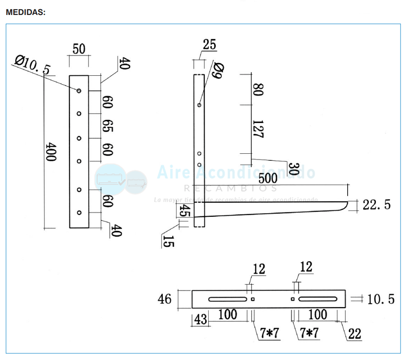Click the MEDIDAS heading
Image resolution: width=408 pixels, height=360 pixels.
[26, 12]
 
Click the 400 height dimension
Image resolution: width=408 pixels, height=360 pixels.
[51, 152]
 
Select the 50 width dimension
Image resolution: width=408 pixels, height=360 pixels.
[79, 49]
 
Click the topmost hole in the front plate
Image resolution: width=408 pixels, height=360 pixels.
[79, 91]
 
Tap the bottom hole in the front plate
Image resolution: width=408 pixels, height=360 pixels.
[79, 213]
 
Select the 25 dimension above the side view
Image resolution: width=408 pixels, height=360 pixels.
[210, 45]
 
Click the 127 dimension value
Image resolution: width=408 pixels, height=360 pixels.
[258, 129]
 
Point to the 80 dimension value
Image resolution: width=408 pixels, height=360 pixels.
[258, 90]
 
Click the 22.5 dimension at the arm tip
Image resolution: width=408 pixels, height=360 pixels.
[376, 205]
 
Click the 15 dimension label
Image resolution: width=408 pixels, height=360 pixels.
[168, 241]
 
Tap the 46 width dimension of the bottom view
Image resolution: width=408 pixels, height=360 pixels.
[165, 299]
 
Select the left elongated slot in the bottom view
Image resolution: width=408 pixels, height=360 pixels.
[228, 299]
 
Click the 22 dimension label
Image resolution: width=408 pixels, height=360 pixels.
[354, 334]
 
